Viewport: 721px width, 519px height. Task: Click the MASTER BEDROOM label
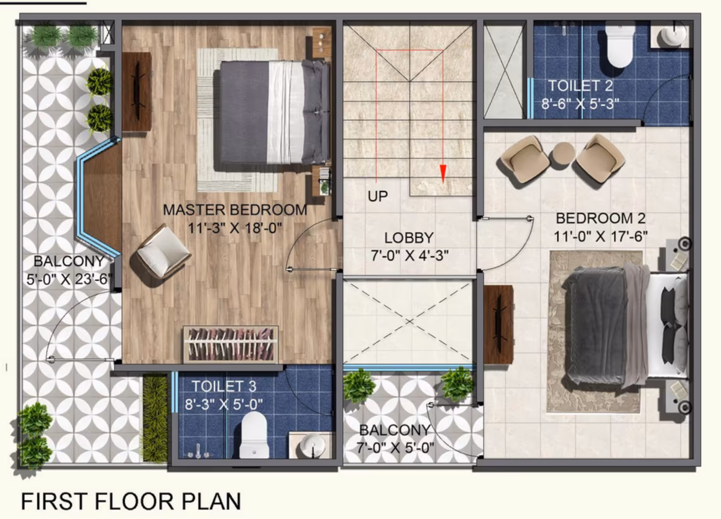(x=235, y=210)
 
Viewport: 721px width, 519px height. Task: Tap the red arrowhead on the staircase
(x=443, y=174)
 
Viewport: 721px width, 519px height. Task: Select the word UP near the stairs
(x=377, y=196)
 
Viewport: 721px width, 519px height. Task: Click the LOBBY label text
(x=409, y=238)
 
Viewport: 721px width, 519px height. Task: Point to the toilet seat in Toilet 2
(x=620, y=45)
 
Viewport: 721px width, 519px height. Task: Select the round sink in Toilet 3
(x=313, y=446)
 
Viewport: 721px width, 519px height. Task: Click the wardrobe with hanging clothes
(x=231, y=344)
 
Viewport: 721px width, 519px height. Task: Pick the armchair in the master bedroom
(x=163, y=251)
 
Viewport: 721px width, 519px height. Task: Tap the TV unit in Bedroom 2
(x=498, y=325)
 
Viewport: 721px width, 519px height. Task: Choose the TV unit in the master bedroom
(x=137, y=92)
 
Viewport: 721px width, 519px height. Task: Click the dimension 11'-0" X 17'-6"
(x=600, y=237)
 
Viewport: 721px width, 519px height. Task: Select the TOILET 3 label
(x=224, y=386)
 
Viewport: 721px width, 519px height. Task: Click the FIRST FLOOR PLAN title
(x=131, y=501)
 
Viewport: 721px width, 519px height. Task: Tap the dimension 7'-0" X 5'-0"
(x=395, y=447)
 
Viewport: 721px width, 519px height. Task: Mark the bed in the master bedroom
(x=275, y=112)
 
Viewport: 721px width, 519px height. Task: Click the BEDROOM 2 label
(x=600, y=218)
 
